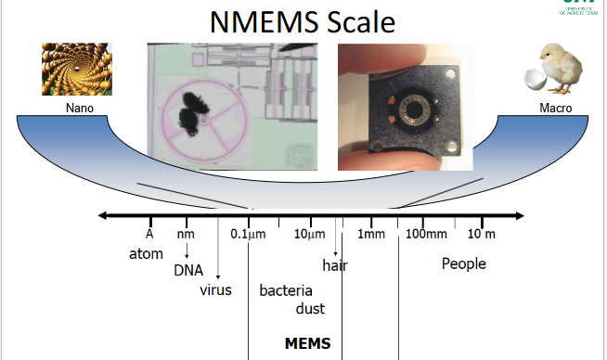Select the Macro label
tap(555, 109)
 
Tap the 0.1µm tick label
tap(248, 234)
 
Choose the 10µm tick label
tap(309, 234)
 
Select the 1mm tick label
tap(371, 234)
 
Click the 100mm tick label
tap(427, 234)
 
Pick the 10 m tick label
tap(482, 234)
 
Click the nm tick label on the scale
tap(186, 234)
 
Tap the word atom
tap(146, 252)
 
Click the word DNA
tap(188, 271)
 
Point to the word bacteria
tap(286, 290)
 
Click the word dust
tap(310, 308)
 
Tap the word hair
tap(334, 265)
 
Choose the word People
tap(463, 264)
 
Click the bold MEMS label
tap(307, 343)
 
